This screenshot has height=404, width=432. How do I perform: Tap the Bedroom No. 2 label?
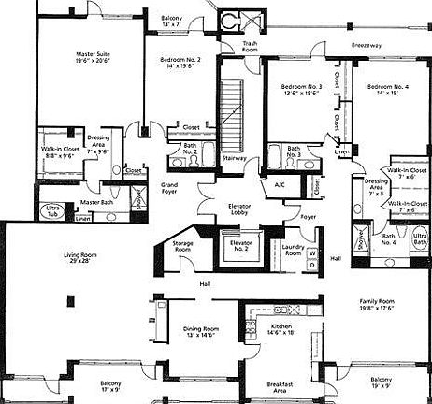pyautogui.click(x=178, y=61)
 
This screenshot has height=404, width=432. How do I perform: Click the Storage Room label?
pyautogui.click(x=183, y=247)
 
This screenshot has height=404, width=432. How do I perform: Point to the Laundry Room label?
pyautogui.click(x=293, y=250)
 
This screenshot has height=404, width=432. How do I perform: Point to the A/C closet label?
pyautogui.click(x=279, y=184)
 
